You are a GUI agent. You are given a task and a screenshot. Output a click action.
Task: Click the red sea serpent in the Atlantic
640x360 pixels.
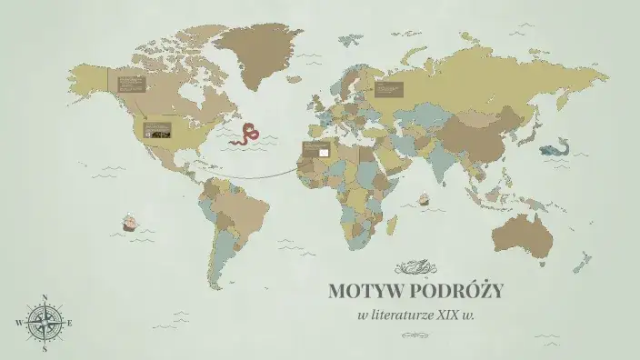[x=246, y=136]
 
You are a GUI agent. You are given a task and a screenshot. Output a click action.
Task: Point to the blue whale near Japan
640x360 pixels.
[x=554, y=150]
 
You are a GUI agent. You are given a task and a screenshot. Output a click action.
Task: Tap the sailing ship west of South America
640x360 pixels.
[x=130, y=222]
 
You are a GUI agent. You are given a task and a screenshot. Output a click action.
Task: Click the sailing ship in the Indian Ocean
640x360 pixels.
[x=424, y=196]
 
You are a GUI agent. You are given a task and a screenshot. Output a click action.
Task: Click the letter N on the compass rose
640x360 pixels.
[x=45, y=296]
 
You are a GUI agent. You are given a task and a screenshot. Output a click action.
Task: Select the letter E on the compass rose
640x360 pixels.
[x=71, y=323]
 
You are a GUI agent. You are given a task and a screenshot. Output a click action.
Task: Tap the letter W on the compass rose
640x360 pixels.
[x=19, y=323]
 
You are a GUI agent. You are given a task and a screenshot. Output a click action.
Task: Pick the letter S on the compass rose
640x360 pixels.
[x=45, y=348]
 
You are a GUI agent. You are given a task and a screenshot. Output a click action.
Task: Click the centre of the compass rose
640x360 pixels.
[x=45, y=323]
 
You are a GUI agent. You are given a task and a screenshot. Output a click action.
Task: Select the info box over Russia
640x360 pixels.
[x=388, y=88]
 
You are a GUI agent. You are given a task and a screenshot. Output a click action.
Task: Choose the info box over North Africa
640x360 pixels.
[x=315, y=149]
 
